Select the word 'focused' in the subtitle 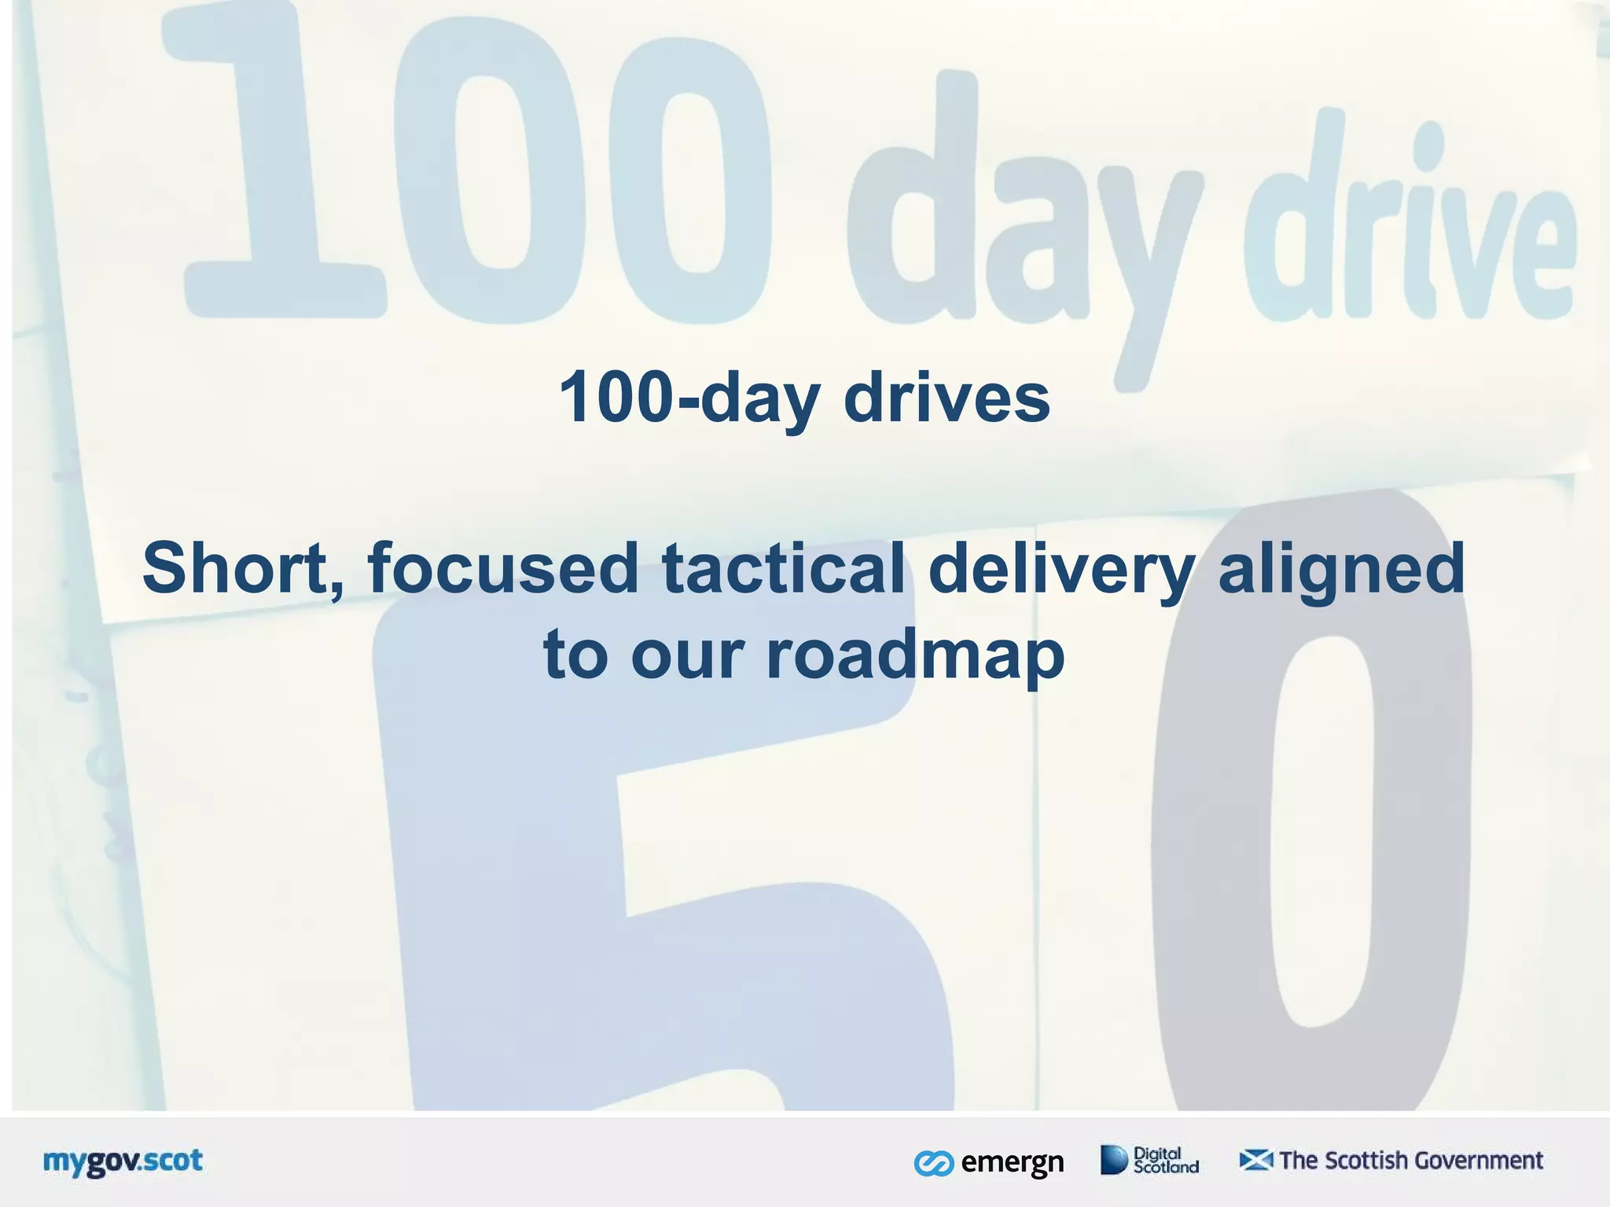(x=503, y=569)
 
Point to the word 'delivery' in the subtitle (x=1062, y=569)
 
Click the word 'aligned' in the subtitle (x=1341, y=569)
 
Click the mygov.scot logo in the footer (x=123, y=1161)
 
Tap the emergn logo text (x=1012, y=1162)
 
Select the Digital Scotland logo (x=1150, y=1160)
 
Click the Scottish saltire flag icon (x=1255, y=1160)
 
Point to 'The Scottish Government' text (x=1411, y=1161)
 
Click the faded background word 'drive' (x=1407, y=228)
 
